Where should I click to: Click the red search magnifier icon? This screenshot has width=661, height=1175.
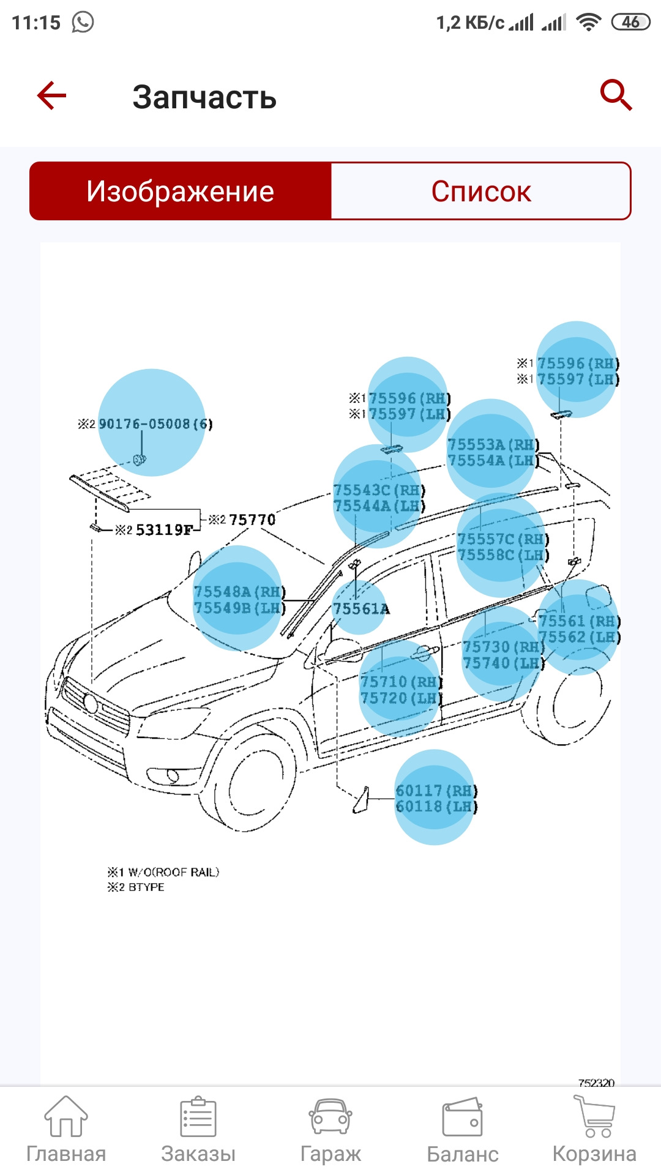615,95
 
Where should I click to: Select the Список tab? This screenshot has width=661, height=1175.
480,191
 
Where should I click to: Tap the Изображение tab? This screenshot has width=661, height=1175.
180,191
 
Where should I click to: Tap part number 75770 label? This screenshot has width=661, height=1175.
252,520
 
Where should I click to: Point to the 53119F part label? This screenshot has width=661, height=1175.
163,530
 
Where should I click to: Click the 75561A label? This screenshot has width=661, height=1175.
360,609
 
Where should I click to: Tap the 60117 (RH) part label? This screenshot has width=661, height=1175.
436,791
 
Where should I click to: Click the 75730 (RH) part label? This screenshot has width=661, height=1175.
502,647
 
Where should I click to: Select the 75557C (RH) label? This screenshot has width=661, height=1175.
502,539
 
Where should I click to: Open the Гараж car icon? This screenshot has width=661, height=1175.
330,1117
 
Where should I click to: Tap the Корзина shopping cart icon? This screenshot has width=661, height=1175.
594,1117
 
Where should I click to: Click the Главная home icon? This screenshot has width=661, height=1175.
65,1117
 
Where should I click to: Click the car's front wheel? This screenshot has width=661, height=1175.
257,783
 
